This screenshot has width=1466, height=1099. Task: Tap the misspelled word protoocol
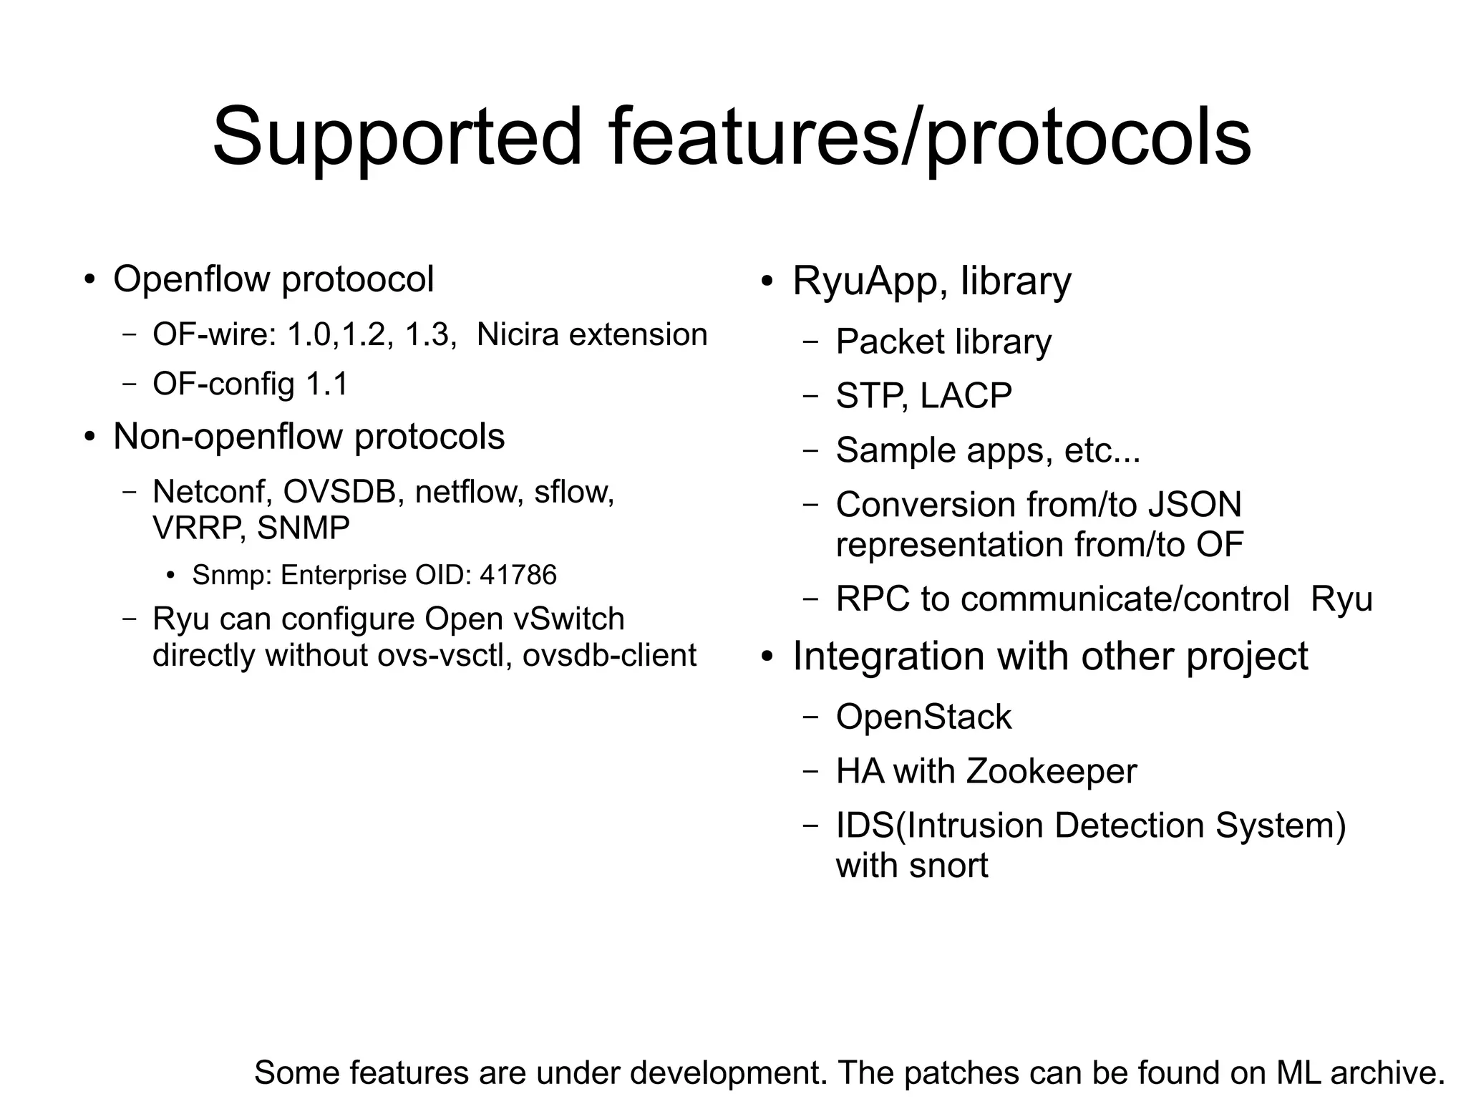point(357,279)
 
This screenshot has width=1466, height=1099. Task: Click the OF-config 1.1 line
point(250,384)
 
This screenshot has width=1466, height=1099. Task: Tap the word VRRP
point(200,528)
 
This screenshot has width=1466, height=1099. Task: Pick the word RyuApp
point(870,281)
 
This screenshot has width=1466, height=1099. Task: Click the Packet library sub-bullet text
point(943,342)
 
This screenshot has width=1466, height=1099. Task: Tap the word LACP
point(966,396)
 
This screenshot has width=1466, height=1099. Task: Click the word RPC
point(873,599)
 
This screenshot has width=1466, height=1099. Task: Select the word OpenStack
point(923,717)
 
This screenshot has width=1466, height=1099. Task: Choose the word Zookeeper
point(1051,772)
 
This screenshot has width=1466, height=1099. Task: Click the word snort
point(948,866)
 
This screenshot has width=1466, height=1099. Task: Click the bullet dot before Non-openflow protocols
point(89,437)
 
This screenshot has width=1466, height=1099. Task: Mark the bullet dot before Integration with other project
point(767,657)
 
